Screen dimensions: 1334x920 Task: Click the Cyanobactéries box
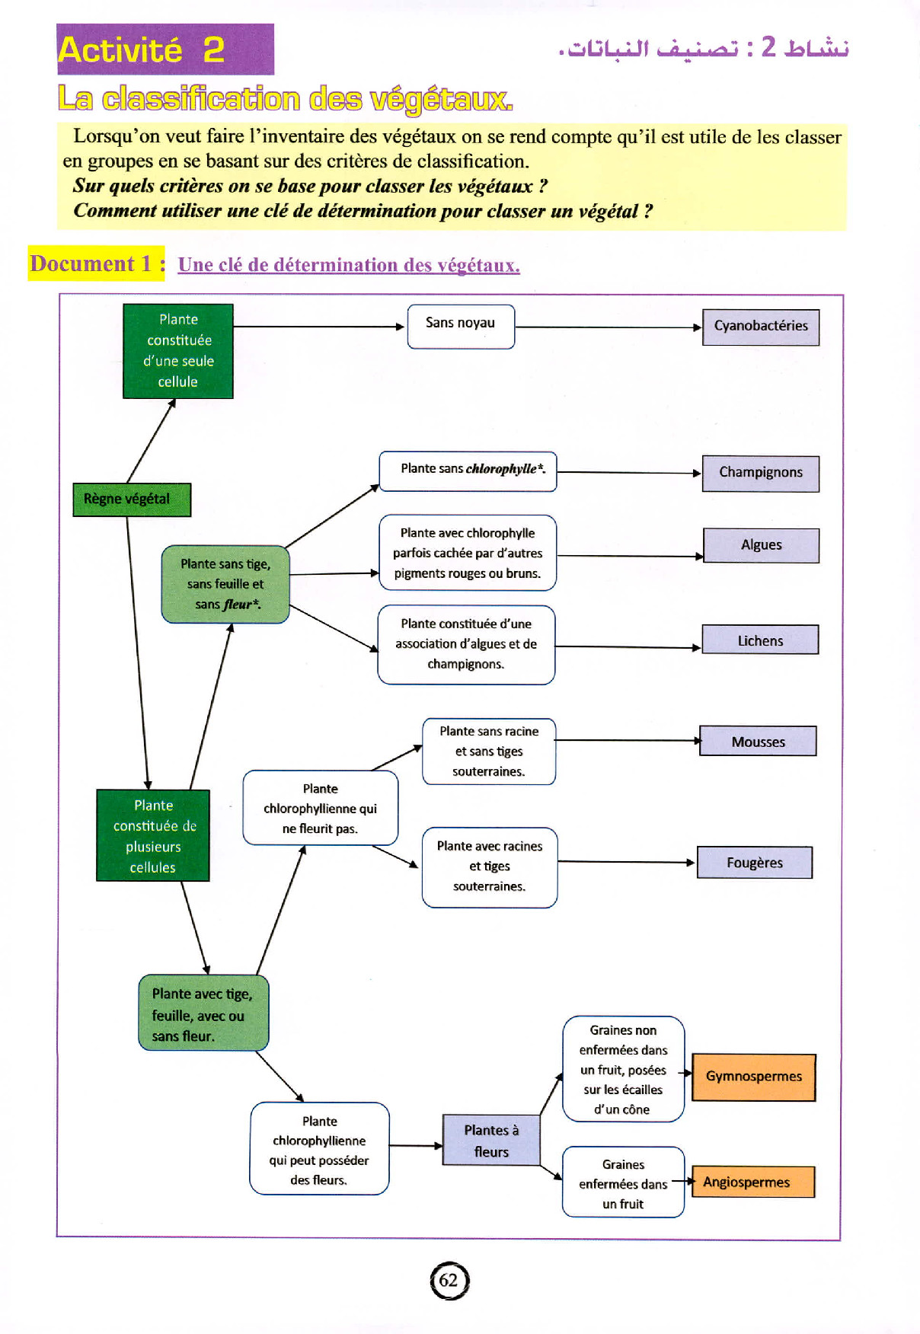pyautogui.click(x=760, y=327)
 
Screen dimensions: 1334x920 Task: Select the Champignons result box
pyautogui.click(x=760, y=473)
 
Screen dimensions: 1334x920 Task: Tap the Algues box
pyautogui.click(x=761, y=545)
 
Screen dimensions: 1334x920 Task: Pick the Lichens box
pyautogui.click(x=759, y=640)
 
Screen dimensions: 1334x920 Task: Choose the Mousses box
pyautogui.click(x=757, y=741)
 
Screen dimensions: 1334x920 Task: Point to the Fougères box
pyautogui.click(x=754, y=863)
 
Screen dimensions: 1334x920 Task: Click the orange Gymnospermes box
pyautogui.click(x=753, y=1077)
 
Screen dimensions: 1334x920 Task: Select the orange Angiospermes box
pyautogui.click(x=752, y=1182)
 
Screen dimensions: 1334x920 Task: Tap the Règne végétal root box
pyautogui.click(x=131, y=499)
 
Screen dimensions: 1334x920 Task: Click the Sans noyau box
pyautogui.click(x=461, y=327)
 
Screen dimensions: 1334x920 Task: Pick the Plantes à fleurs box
pyautogui.click(x=491, y=1141)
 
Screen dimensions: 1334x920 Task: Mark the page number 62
pyautogui.click(x=449, y=1280)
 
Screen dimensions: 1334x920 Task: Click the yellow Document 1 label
pyautogui.click(x=96, y=263)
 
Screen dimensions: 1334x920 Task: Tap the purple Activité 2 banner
pyautogui.click(x=165, y=49)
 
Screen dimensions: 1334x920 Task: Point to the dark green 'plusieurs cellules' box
pyautogui.click(x=152, y=835)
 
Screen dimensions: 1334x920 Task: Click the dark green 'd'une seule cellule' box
pyautogui.click(x=178, y=351)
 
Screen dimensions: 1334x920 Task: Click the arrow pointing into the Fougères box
pyautogui.click(x=626, y=862)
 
